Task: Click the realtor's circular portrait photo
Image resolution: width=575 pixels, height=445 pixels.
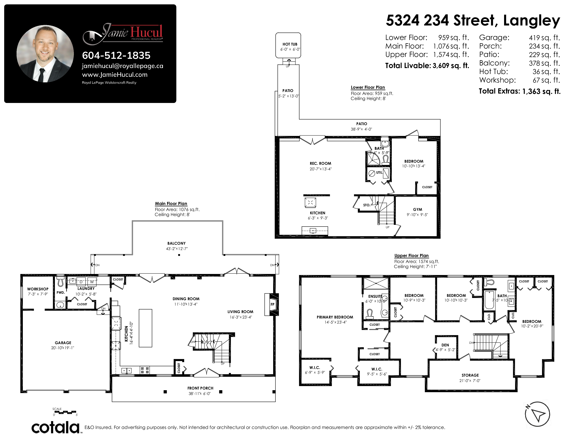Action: [x=45, y=54]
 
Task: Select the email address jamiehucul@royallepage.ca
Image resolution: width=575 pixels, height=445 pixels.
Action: [x=122, y=66]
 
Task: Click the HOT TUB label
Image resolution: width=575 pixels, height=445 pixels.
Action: [x=290, y=44]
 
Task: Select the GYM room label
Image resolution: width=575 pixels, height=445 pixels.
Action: [x=417, y=209]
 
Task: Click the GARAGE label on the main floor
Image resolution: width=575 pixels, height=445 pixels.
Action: [x=63, y=343]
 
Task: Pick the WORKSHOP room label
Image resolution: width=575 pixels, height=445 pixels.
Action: [x=38, y=289]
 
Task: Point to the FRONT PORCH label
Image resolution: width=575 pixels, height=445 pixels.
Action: [x=200, y=388]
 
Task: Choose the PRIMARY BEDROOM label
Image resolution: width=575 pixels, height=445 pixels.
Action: [x=335, y=317]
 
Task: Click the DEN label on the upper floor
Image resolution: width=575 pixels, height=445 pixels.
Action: [x=445, y=345]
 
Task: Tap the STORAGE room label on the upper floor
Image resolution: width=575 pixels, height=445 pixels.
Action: [x=470, y=375]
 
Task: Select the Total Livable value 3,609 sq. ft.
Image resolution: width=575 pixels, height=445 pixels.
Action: [x=451, y=66]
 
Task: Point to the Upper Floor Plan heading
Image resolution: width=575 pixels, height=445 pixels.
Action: [x=412, y=255]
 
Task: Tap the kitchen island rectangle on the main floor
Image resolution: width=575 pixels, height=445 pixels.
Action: [x=146, y=328]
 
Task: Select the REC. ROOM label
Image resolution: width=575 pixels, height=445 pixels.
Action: [x=320, y=164]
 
